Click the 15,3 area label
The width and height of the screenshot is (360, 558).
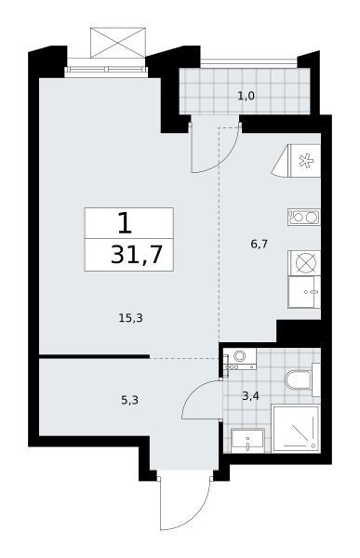pyautogui.click(x=130, y=318)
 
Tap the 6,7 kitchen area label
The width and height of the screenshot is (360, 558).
pyautogui.click(x=259, y=244)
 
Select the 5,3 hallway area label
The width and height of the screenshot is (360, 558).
pyautogui.click(x=129, y=400)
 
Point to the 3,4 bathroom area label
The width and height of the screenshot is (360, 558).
pyautogui.click(x=250, y=395)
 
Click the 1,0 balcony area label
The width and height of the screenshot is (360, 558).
pyautogui.click(x=247, y=96)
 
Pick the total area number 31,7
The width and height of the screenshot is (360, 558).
pyautogui.click(x=137, y=255)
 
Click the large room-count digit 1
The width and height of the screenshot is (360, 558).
pyautogui.click(x=125, y=223)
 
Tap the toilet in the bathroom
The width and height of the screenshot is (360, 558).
pyautogui.click(x=302, y=379)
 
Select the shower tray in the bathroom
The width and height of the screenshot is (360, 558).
pyautogui.click(x=296, y=429)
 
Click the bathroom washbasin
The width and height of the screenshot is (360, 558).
pyautogui.click(x=247, y=441)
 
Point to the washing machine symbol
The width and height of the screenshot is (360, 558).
pyautogui.click(x=239, y=358)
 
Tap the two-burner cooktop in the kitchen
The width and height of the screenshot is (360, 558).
pyautogui.click(x=304, y=217)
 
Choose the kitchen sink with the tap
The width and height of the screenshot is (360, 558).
pyautogui.click(x=304, y=292)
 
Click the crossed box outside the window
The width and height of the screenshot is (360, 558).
pyautogui.click(x=118, y=43)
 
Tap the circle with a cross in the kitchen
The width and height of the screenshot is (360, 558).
pyautogui.click(x=306, y=262)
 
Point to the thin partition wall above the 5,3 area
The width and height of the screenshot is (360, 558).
pyautogui.click(x=94, y=356)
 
